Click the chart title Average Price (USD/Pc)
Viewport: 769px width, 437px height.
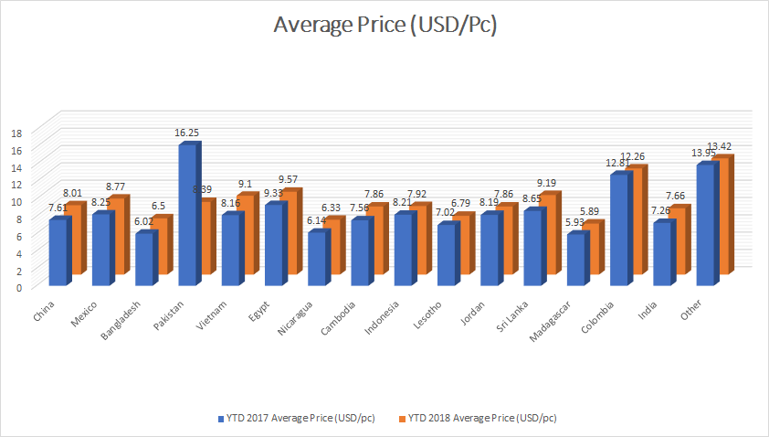click(384, 26)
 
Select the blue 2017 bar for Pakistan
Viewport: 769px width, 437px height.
click(187, 215)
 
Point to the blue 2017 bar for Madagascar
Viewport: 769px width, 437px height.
click(575, 260)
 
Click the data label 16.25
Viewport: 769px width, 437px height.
click(188, 133)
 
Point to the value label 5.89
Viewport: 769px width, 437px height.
click(594, 211)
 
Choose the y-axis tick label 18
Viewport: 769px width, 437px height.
click(16, 132)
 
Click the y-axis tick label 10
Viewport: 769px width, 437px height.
click(16, 201)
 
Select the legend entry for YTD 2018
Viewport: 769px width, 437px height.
click(482, 418)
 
